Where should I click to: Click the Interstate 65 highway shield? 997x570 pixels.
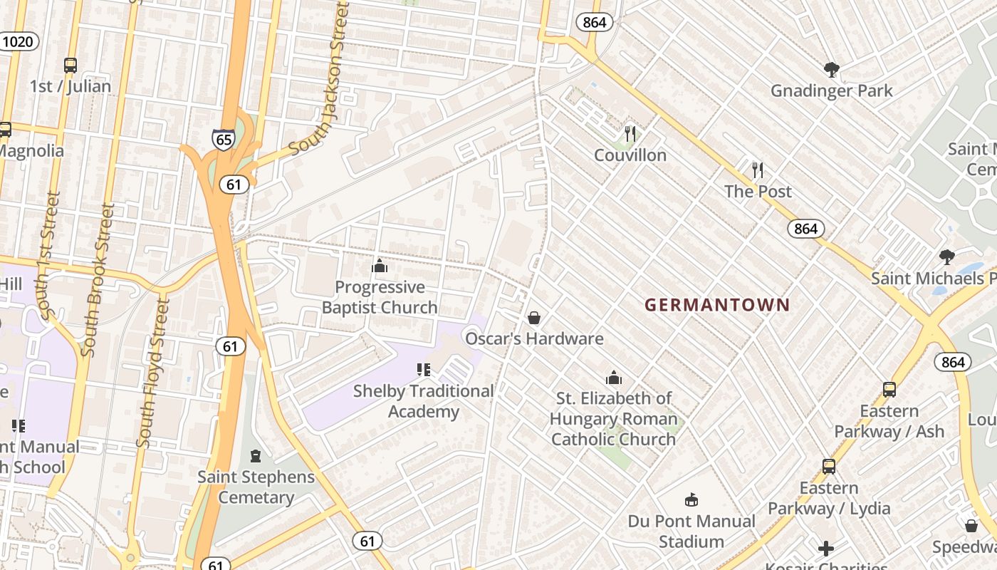tap(224, 139)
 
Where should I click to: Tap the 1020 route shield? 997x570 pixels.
tap(18, 41)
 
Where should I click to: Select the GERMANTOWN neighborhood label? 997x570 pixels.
tap(717, 305)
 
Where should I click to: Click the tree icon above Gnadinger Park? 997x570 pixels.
tap(831, 69)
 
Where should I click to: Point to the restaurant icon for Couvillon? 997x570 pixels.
tap(630, 134)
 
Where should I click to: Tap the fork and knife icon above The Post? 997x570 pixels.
tap(758, 170)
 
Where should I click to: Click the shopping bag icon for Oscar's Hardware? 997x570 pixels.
tap(534, 318)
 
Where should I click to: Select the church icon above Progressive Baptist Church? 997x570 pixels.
tap(380, 266)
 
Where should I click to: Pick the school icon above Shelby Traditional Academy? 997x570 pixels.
tap(424, 370)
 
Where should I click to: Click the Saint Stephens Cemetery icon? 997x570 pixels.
tap(256, 456)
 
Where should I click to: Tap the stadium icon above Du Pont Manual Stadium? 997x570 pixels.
tap(691, 499)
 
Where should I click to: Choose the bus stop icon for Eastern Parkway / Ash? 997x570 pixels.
tap(889, 390)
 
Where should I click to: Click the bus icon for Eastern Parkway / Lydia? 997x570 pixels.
tap(829, 467)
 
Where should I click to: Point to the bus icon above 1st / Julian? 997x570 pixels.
tap(71, 66)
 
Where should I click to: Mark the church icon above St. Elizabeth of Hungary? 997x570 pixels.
tap(613, 378)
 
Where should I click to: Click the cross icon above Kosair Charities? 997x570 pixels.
tap(826, 548)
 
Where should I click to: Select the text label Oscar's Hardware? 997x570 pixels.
tap(534, 338)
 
